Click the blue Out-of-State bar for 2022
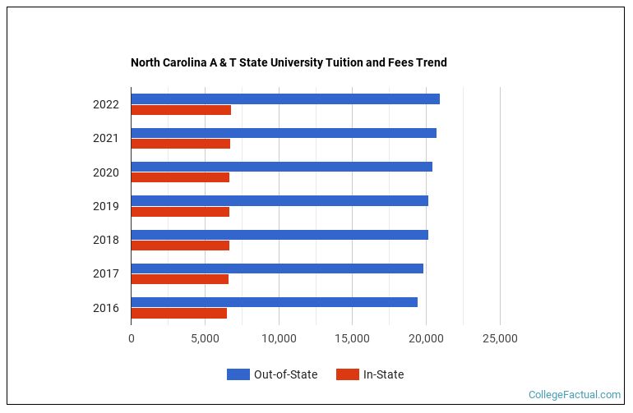tap(285, 99)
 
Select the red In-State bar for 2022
tap(181, 110)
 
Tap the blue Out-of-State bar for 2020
tap(281, 167)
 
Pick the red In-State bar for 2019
tap(180, 212)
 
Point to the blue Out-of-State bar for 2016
tap(274, 302)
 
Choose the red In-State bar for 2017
tap(179, 279)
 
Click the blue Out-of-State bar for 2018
tap(280, 235)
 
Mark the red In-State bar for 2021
tap(180, 144)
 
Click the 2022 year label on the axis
tap(106, 104)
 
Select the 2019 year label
tap(106, 206)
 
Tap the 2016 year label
tap(106, 308)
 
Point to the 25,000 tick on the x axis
tap(500, 338)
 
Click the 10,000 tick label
tap(279, 338)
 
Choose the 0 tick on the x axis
tap(131, 338)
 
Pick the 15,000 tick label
tap(353, 338)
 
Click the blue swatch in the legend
tap(238, 374)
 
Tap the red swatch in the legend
tap(348, 374)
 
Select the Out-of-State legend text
tap(285, 374)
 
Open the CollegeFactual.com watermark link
tap(574, 395)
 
